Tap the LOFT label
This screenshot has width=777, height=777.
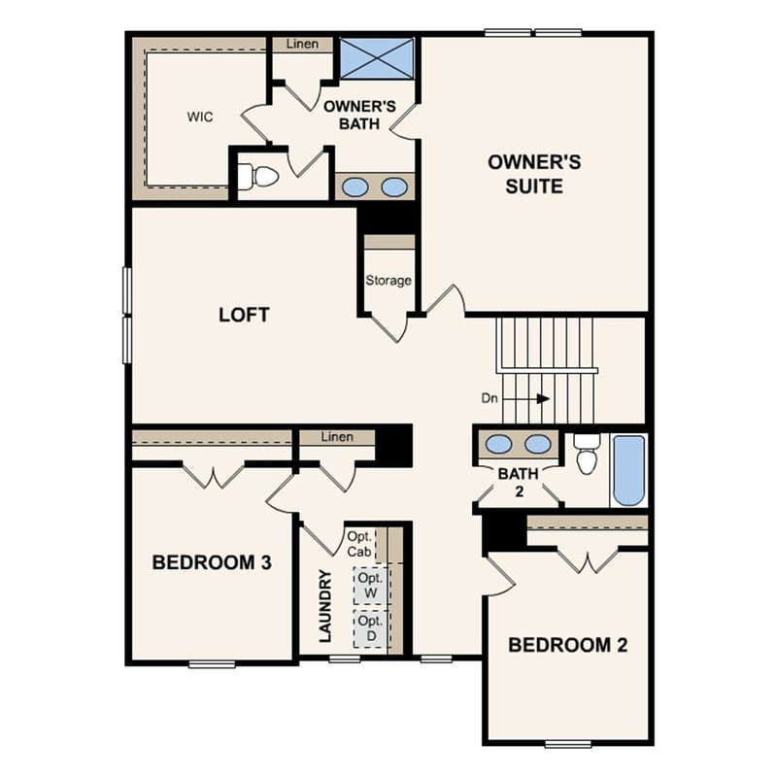(x=244, y=315)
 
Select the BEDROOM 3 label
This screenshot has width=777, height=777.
(x=211, y=562)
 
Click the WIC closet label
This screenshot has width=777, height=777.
(x=200, y=118)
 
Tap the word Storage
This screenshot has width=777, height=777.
(x=388, y=281)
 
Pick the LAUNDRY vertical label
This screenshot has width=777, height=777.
(x=326, y=606)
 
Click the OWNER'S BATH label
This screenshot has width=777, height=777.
(x=358, y=115)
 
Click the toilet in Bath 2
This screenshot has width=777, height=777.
(x=586, y=456)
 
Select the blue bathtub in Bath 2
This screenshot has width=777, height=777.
(x=628, y=470)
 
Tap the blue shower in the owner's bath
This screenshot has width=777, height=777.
(x=376, y=58)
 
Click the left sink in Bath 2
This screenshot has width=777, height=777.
(x=498, y=444)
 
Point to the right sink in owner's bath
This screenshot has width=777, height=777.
(x=393, y=186)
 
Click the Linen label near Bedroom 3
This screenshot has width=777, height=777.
(x=336, y=437)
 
